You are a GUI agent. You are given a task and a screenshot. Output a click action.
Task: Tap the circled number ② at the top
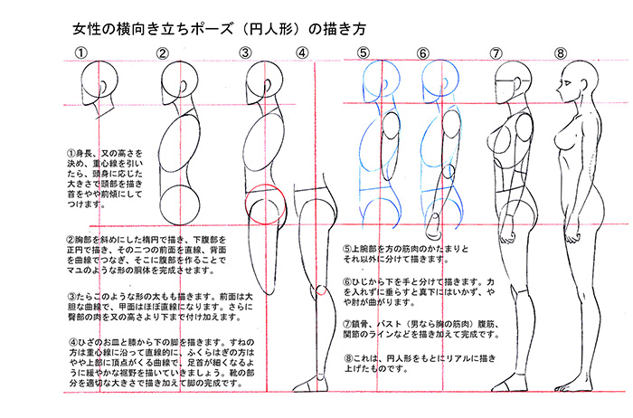tap(164, 53)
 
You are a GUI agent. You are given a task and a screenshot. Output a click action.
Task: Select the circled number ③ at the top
tap(245, 53)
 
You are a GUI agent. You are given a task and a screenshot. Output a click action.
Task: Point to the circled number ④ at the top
tap(302, 53)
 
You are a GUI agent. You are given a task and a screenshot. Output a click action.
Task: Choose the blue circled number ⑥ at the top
tap(423, 53)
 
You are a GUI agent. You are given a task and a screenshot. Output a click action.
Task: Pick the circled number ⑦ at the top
tap(496, 53)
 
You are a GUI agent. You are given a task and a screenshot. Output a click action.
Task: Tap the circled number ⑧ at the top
tap(561, 53)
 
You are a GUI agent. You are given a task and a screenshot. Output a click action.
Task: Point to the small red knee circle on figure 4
tap(321, 291)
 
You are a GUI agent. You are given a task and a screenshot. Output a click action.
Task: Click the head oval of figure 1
tap(93, 91)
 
